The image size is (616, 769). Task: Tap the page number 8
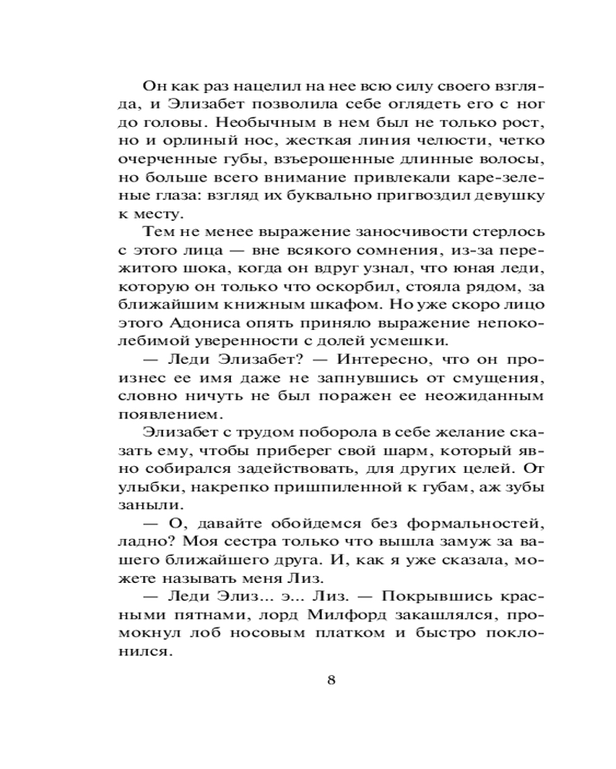tap(332, 681)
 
